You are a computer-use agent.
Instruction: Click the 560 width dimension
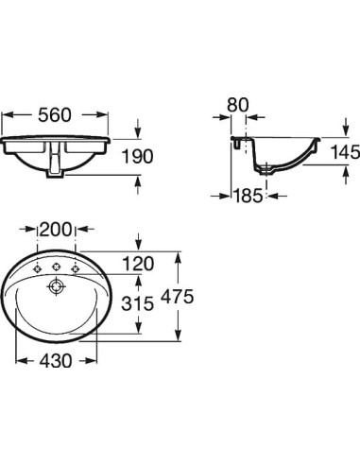55,115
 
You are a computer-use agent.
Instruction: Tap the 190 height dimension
138,157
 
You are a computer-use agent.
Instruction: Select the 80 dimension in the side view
238,105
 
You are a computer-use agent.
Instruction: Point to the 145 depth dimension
345,152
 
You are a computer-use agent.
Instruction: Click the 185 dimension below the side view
248,196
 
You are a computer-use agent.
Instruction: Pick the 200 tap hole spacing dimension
56,229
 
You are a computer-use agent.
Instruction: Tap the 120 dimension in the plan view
138,264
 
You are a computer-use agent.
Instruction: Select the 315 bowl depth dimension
138,303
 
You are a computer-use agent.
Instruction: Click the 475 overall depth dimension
177,297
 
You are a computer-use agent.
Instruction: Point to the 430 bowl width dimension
56,361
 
